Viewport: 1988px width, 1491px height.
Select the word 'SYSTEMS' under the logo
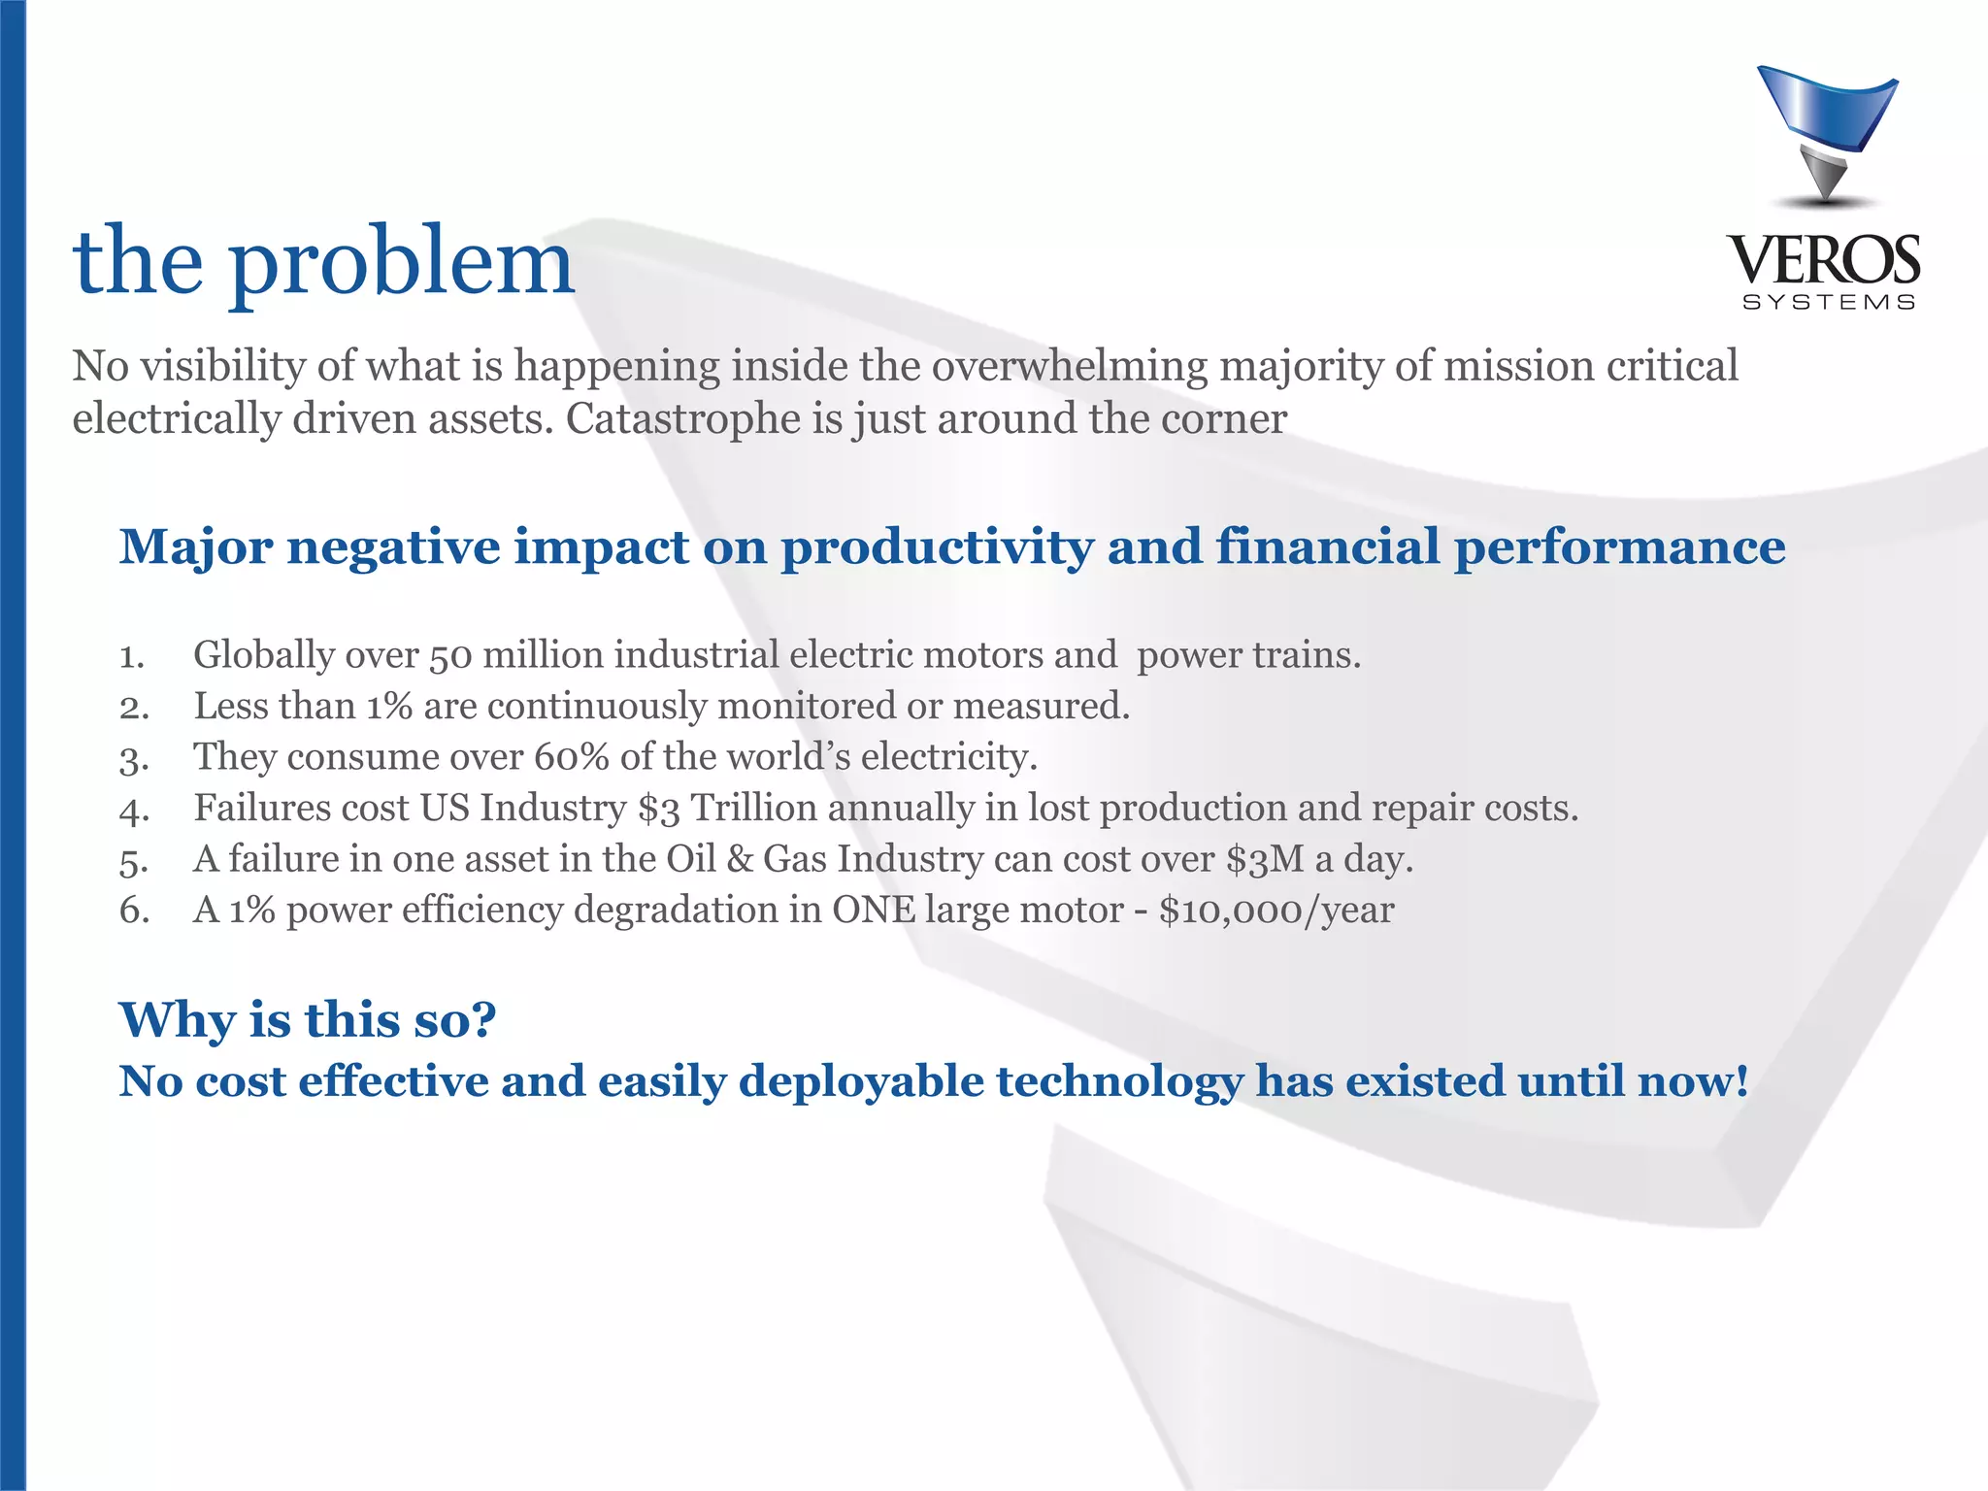(1829, 303)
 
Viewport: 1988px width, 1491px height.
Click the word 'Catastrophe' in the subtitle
(687, 419)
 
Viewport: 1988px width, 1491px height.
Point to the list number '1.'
(132, 657)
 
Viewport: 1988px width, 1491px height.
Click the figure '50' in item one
(450, 656)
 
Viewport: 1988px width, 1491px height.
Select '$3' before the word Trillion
(659, 809)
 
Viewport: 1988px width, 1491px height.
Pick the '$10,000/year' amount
(1276, 911)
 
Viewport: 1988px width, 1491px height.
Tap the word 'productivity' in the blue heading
(938, 547)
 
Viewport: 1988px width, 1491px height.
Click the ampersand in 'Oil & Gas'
(740, 860)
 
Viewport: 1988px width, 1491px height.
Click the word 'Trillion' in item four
(753, 809)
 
